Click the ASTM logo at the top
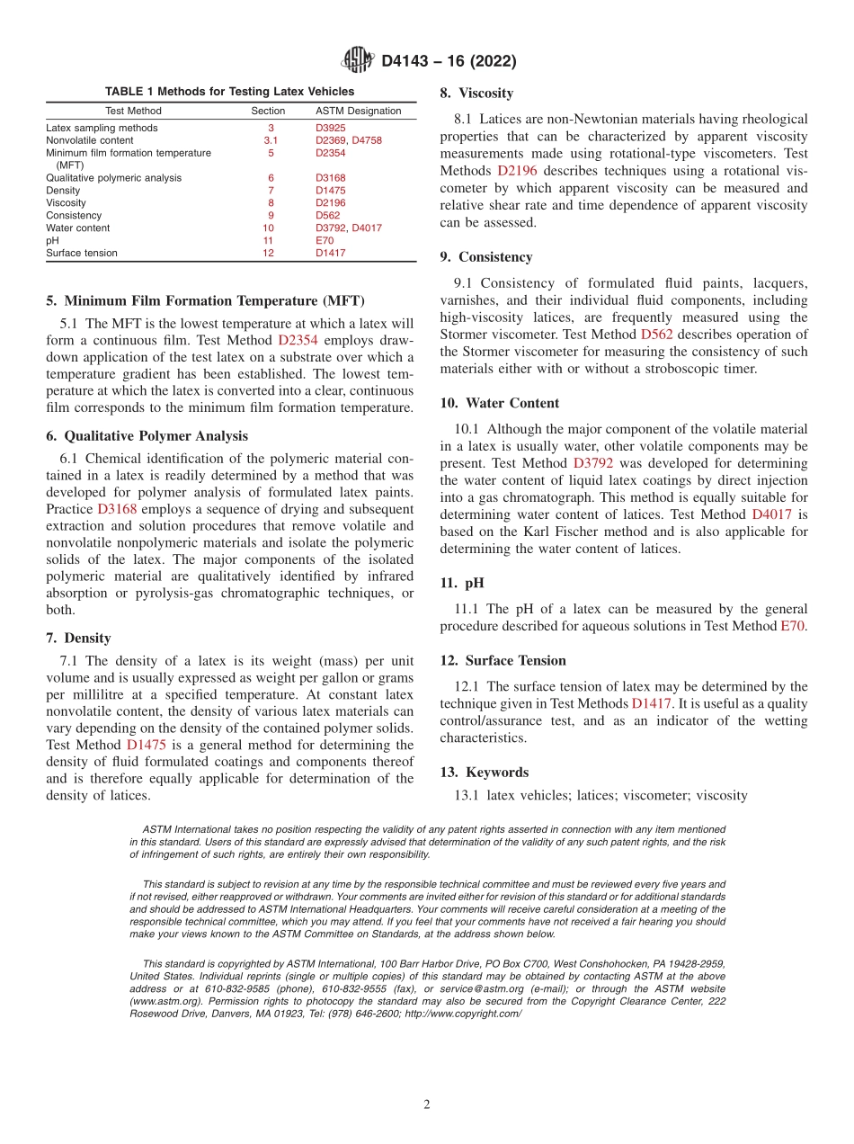(359, 60)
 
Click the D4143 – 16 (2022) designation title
(449, 61)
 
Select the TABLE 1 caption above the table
(229, 92)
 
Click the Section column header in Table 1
(268, 111)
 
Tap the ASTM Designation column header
(358, 111)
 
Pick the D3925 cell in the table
(330, 128)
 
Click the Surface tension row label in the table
(82, 253)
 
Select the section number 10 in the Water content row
(268, 228)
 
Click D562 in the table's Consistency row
(327, 215)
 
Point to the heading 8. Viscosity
(476, 93)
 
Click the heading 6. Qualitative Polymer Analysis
(147, 436)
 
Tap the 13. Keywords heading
(484, 772)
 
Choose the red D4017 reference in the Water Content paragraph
(773, 514)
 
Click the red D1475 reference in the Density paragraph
(146, 745)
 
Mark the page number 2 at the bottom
(427, 1105)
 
